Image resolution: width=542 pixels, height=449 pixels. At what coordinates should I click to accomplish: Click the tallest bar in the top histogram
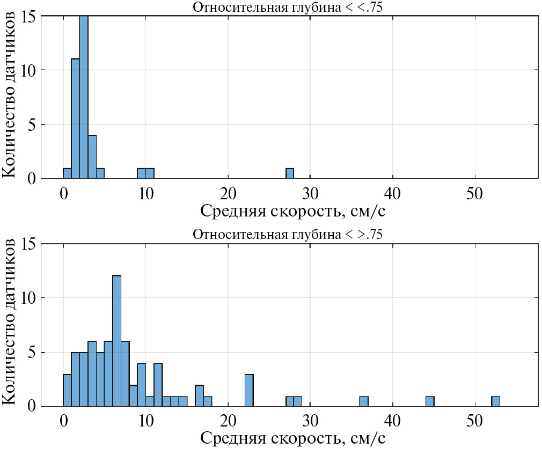coord(84,96)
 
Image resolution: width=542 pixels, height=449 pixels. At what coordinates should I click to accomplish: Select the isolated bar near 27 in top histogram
coord(290,173)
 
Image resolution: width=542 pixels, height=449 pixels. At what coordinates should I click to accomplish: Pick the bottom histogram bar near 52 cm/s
coord(496,401)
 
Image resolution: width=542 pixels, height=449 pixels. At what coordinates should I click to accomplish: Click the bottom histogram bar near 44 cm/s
coord(430,401)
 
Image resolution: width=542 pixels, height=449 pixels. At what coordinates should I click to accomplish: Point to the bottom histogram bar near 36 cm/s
coord(364,401)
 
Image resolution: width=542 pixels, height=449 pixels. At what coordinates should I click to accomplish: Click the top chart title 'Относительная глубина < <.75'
coord(287,7)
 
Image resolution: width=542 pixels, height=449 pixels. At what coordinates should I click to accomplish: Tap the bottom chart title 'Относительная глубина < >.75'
coord(287,235)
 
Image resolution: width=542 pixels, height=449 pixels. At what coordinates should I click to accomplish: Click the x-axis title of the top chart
coord(293,211)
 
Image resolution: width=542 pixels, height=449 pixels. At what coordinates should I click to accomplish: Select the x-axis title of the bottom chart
coord(293,438)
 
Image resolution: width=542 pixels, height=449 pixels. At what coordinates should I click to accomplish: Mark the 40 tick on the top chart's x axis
coord(393,193)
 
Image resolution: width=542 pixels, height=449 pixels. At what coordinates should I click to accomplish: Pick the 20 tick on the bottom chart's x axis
coord(228,421)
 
